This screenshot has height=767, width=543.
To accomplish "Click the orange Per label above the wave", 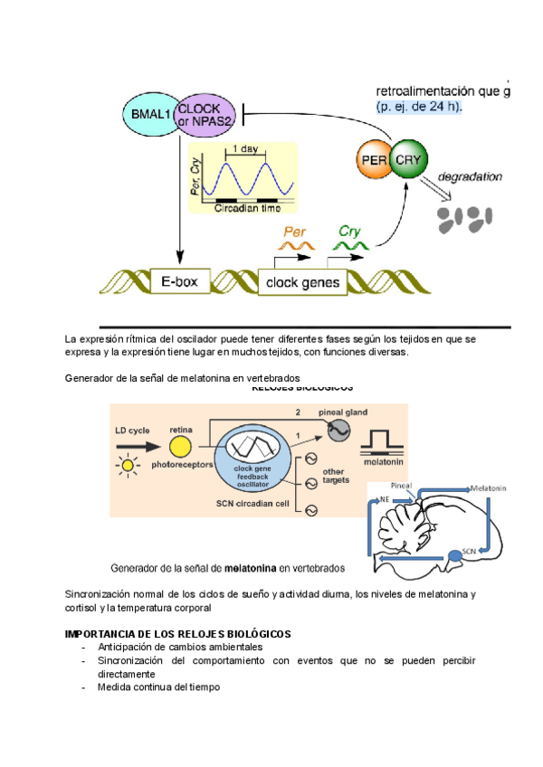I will point(296,231).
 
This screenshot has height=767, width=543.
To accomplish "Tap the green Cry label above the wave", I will point(349,231).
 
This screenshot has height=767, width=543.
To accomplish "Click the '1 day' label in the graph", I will point(246,149).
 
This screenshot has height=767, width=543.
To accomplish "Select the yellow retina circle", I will point(180,447).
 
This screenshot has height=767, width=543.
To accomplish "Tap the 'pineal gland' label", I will point(344,412).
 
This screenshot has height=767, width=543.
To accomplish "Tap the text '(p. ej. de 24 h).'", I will point(419,107).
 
